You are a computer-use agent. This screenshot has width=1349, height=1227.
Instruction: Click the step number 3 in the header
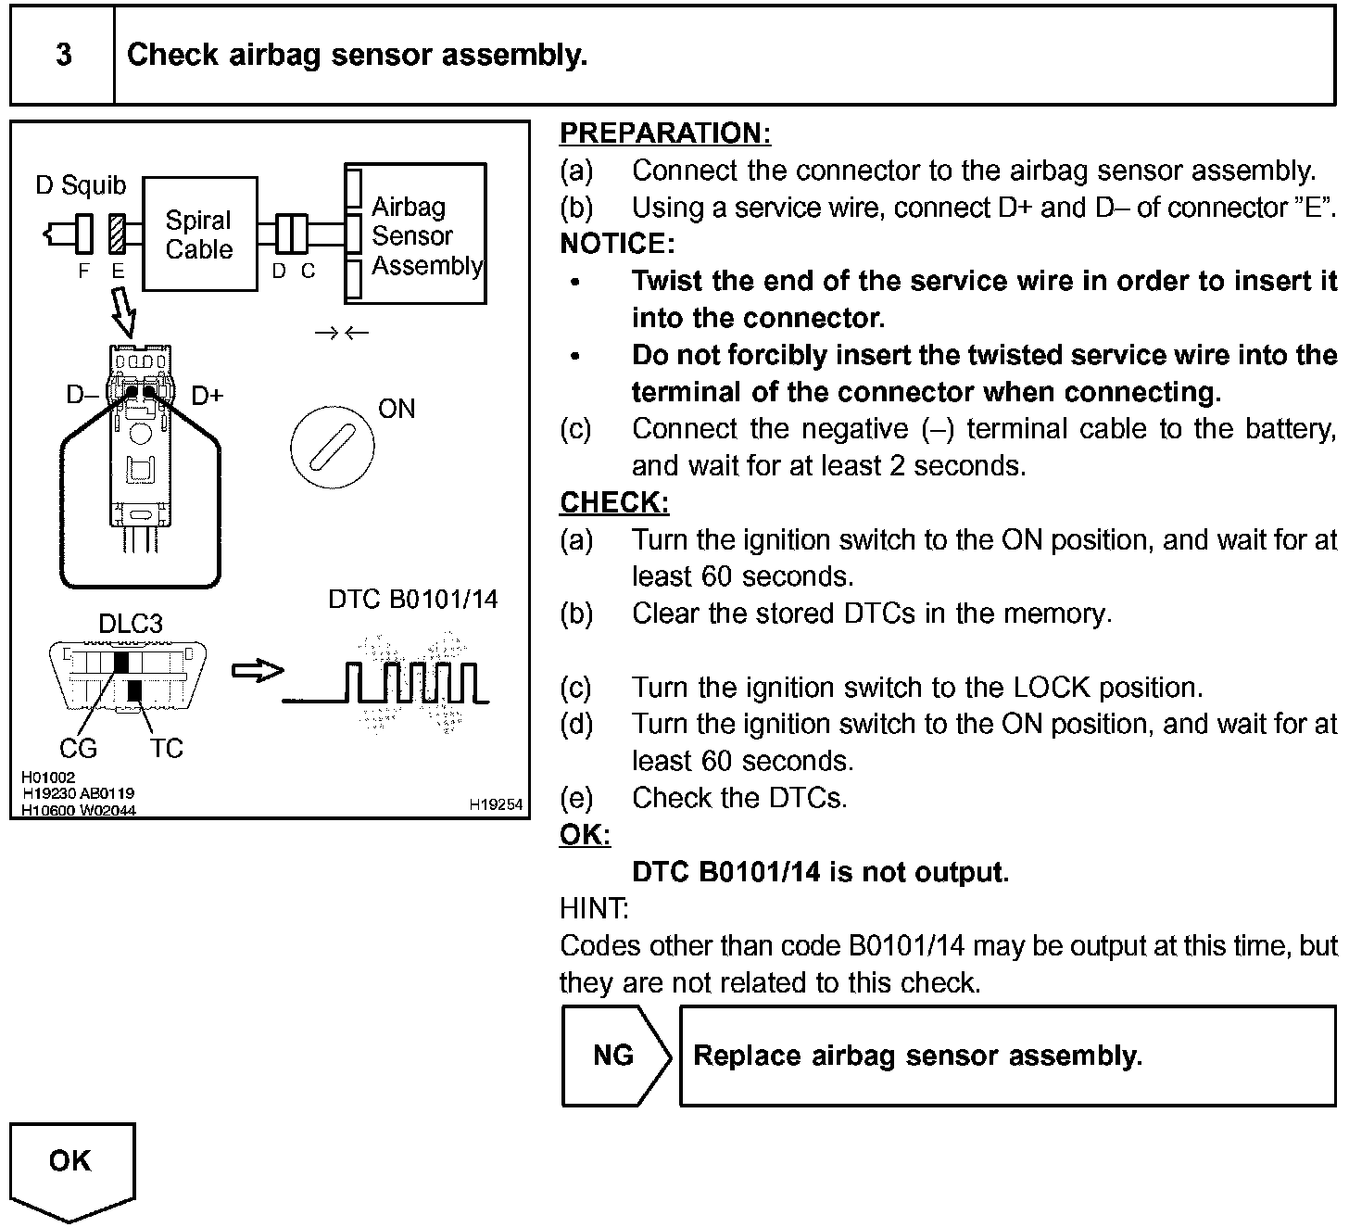[x=63, y=55]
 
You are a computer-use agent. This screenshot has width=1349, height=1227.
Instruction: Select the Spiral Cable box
[x=199, y=234]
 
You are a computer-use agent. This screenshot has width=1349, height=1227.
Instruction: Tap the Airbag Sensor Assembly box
[x=415, y=235]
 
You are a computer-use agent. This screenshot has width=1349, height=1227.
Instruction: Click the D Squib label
[x=81, y=185]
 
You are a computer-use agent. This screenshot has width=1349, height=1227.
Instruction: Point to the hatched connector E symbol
[x=118, y=234]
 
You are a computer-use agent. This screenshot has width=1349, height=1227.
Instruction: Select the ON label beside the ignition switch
[x=397, y=409]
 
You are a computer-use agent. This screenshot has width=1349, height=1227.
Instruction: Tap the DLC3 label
[x=131, y=624]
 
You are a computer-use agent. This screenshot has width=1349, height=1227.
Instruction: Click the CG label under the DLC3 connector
[x=78, y=748]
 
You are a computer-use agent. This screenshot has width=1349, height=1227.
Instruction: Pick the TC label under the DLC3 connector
[x=166, y=748]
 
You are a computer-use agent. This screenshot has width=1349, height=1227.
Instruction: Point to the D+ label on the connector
[x=207, y=396]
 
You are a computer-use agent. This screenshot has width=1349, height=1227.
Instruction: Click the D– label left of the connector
[x=82, y=396]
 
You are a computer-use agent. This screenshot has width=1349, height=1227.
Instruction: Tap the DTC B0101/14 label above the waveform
[x=412, y=600]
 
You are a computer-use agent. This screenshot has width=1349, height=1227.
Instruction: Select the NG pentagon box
[x=615, y=1056]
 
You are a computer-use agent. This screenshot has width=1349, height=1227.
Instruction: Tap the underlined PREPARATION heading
[x=664, y=133]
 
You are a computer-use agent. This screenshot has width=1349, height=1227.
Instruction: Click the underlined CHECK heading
[x=613, y=502]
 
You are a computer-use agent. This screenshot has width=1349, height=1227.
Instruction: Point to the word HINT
[x=594, y=908]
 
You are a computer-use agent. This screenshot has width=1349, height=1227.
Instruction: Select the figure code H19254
[x=496, y=805]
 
